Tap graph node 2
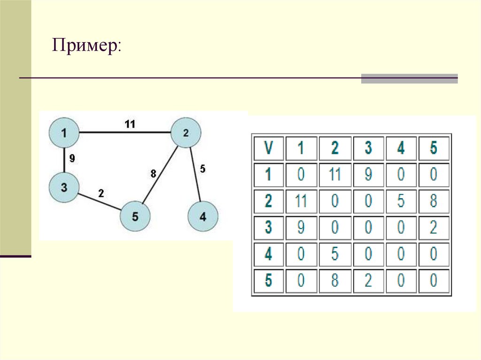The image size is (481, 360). pyautogui.click(x=186, y=133)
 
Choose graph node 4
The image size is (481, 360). pyautogui.click(x=202, y=216)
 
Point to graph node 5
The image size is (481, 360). pyautogui.click(x=135, y=216)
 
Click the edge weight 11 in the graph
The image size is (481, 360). pyautogui.click(x=130, y=124)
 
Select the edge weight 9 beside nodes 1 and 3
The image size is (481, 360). pyautogui.click(x=72, y=159)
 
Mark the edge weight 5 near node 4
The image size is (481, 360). pyautogui.click(x=202, y=168)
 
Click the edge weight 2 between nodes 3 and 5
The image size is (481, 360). pyautogui.click(x=101, y=192)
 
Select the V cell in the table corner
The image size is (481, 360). pyautogui.click(x=268, y=148)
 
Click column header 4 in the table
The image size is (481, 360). pyautogui.click(x=401, y=148)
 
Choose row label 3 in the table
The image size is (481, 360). pyautogui.click(x=268, y=228)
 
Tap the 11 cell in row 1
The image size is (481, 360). pyautogui.click(x=334, y=175)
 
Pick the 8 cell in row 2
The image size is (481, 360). pyautogui.click(x=434, y=202)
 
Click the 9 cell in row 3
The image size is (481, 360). pyautogui.click(x=301, y=228)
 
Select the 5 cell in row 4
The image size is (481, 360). pyautogui.click(x=334, y=255)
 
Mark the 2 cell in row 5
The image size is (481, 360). pyautogui.click(x=368, y=281)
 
